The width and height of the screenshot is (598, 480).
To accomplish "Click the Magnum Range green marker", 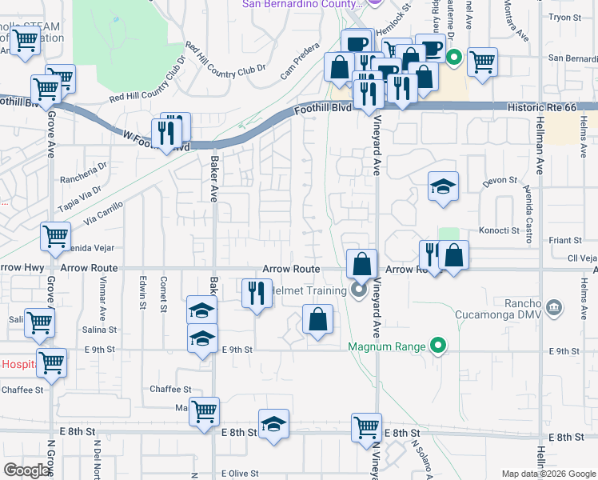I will tap(437, 346).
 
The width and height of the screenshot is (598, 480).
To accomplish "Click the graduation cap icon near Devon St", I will tap(443, 186).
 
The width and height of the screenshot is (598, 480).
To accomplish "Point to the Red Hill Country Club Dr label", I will tap(148, 86).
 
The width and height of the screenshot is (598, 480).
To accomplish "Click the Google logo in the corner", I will tap(26, 470).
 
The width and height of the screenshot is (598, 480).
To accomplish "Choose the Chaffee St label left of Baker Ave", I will tap(170, 389).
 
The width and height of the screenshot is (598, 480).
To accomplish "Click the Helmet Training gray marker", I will tap(360, 290).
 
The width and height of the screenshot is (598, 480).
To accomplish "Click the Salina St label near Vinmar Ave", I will tap(100, 329).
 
